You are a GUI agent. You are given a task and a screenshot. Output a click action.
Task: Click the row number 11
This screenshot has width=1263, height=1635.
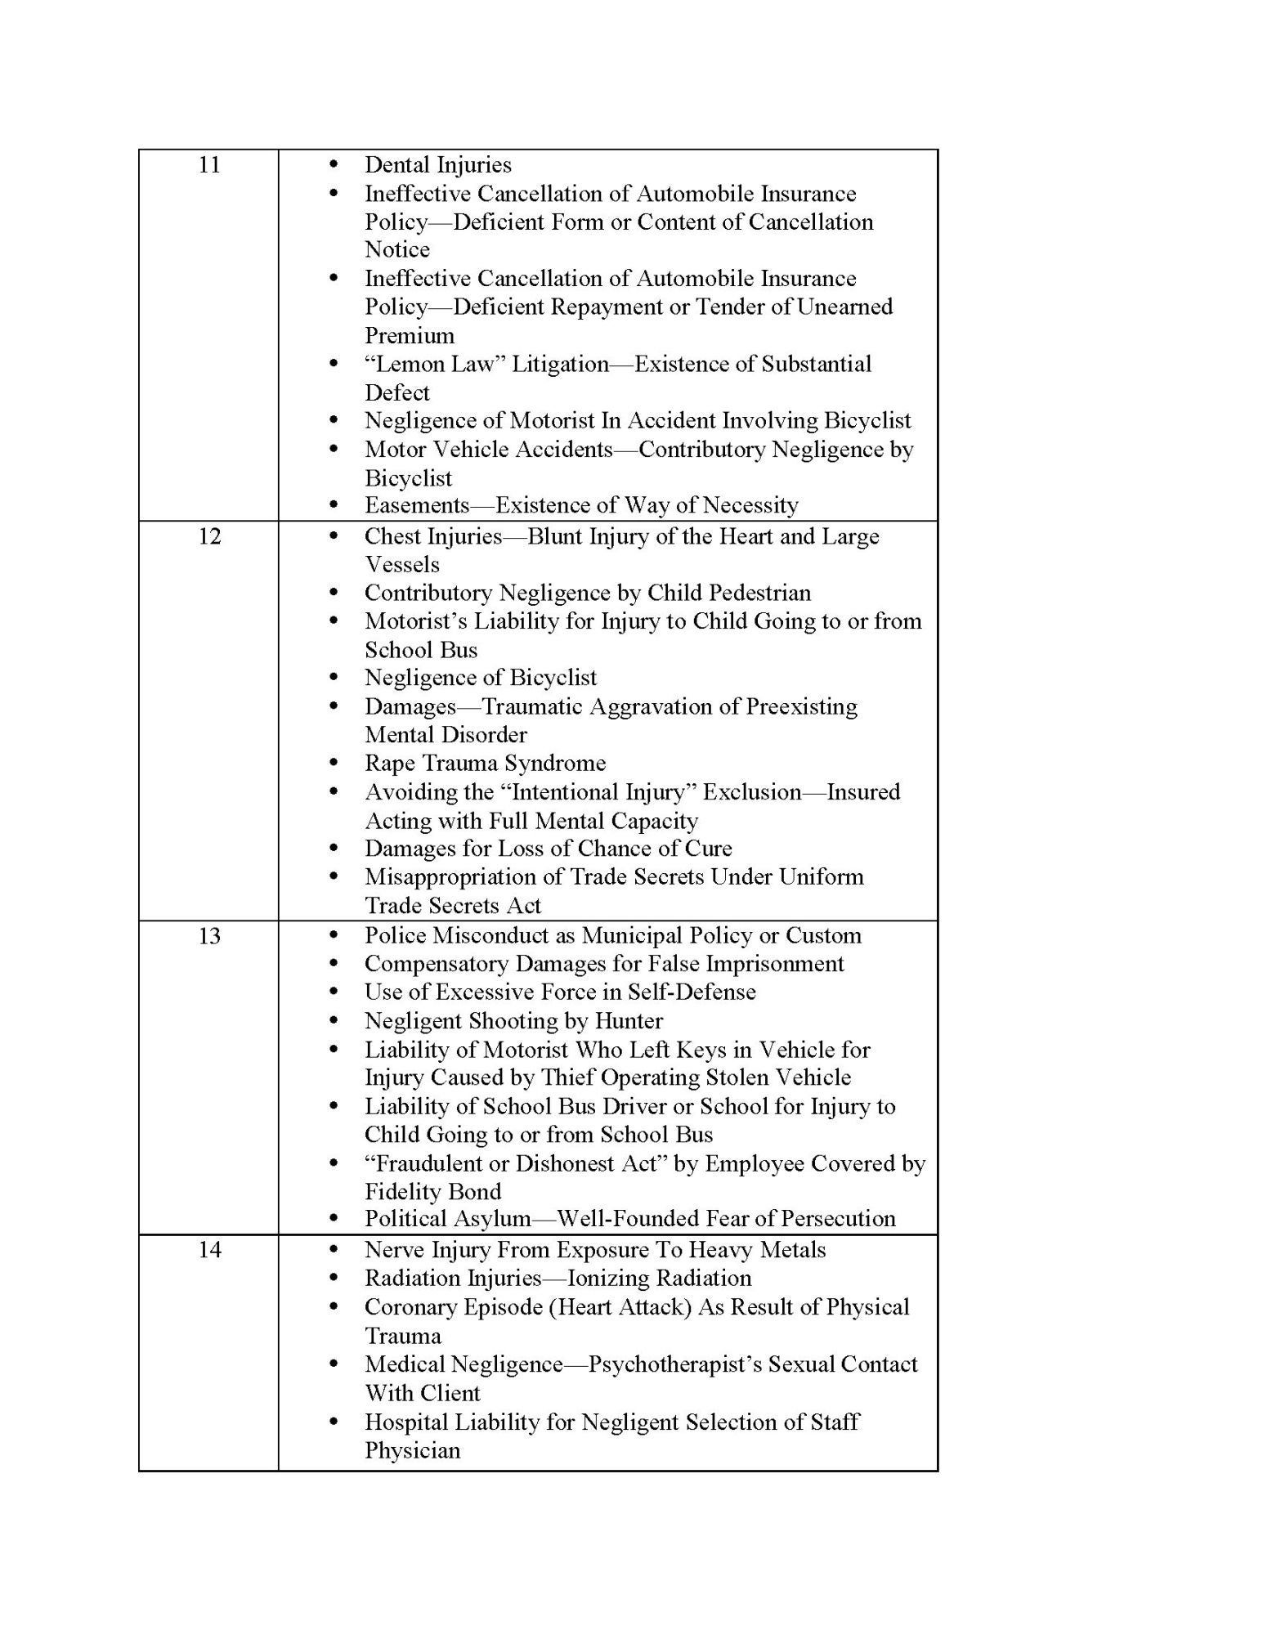coord(209,165)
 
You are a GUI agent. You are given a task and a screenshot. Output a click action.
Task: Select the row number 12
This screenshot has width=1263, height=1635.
coord(209,536)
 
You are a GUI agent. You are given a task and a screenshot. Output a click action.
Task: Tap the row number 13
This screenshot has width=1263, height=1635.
coord(209,935)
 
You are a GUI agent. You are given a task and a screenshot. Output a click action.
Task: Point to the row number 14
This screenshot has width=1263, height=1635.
coord(209,1249)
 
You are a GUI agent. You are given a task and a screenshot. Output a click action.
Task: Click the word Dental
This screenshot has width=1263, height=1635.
coord(396,165)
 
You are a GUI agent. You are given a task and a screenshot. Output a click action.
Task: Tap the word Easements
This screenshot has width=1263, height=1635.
coord(417,505)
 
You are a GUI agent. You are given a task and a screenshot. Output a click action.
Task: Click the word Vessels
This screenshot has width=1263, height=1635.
coord(401,565)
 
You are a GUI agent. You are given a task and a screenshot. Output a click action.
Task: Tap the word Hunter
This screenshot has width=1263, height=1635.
coord(629,1021)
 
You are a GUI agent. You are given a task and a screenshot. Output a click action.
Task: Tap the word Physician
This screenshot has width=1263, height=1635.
coord(412,1450)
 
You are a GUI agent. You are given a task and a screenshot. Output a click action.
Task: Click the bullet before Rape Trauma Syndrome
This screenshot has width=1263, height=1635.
coord(333,763)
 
